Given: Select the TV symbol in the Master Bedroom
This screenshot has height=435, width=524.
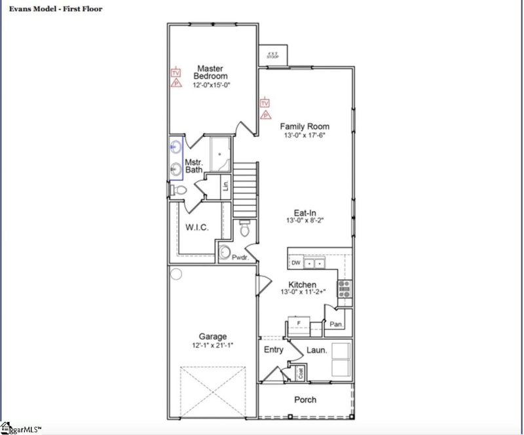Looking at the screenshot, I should [x=176, y=73].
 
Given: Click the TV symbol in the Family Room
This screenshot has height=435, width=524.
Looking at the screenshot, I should [x=265, y=103].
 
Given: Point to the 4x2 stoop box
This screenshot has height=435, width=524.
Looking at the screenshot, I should [x=272, y=54].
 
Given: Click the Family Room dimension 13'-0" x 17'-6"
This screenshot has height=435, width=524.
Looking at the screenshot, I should [x=305, y=136].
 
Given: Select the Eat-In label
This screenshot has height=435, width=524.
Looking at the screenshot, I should [x=305, y=212].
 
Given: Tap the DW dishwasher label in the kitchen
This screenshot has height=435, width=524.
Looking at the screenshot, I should [x=295, y=263].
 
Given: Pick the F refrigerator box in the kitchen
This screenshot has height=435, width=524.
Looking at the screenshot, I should [x=299, y=325].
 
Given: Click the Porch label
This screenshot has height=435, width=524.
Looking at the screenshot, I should [x=305, y=400].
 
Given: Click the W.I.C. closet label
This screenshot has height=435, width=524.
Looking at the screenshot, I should [x=196, y=227].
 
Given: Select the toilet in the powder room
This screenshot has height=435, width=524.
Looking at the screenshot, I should [x=245, y=229].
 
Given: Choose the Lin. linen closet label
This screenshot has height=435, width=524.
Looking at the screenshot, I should [x=225, y=185].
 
